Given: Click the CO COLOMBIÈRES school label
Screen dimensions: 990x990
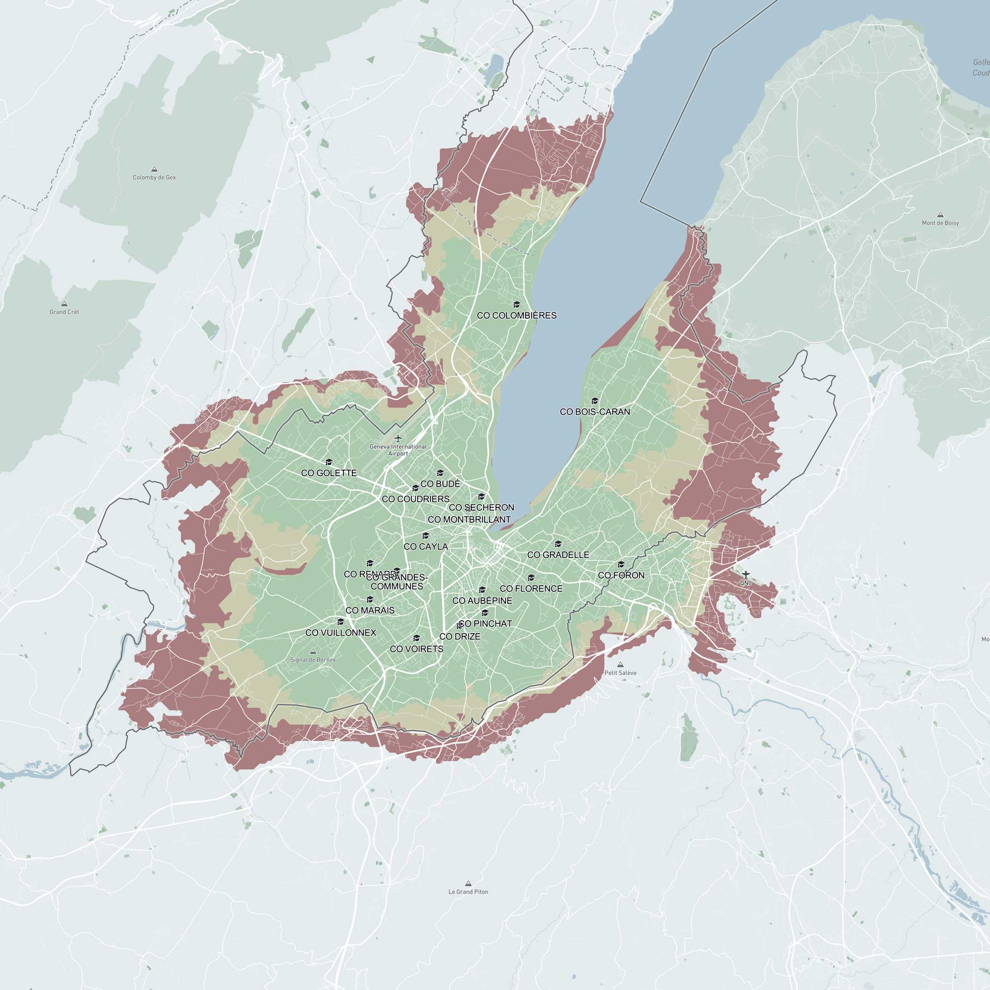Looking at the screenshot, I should pyautogui.click(x=516, y=316).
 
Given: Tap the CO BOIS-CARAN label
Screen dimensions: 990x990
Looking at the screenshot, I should pyautogui.click(x=594, y=412).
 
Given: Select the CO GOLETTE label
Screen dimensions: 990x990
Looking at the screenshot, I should pyautogui.click(x=329, y=473).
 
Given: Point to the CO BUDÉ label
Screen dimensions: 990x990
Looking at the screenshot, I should pyautogui.click(x=440, y=484).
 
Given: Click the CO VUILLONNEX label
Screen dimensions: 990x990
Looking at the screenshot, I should pyautogui.click(x=341, y=633).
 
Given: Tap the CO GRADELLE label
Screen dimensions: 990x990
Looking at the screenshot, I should pyautogui.click(x=558, y=555).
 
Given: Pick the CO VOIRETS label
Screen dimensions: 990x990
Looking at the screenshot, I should pyautogui.click(x=417, y=649).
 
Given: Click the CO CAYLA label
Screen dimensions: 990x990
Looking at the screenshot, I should pyautogui.click(x=426, y=547).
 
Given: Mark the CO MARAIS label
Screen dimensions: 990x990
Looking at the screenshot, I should pyautogui.click(x=370, y=610).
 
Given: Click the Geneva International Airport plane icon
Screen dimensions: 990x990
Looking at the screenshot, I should pyautogui.click(x=398, y=438).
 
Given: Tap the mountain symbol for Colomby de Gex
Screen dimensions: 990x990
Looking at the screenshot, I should pyautogui.click(x=154, y=169).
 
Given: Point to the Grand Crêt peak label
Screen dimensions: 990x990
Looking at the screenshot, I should pyautogui.click(x=64, y=312).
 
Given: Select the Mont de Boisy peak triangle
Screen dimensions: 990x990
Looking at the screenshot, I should pyautogui.click(x=940, y=215).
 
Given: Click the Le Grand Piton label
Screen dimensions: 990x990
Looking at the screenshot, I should pyautogui.click(x=468, y=891).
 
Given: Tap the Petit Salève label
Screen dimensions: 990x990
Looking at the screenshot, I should pyautogui.click(x=620, y=673).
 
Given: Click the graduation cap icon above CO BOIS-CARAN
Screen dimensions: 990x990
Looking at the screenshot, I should pyautogui.click(x=594, y=401).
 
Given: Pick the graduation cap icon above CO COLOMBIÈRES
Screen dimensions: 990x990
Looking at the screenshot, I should pyautogui.click(x=516, y=305).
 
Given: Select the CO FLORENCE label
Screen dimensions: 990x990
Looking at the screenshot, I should pyautogui.click(x=531, y=589).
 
